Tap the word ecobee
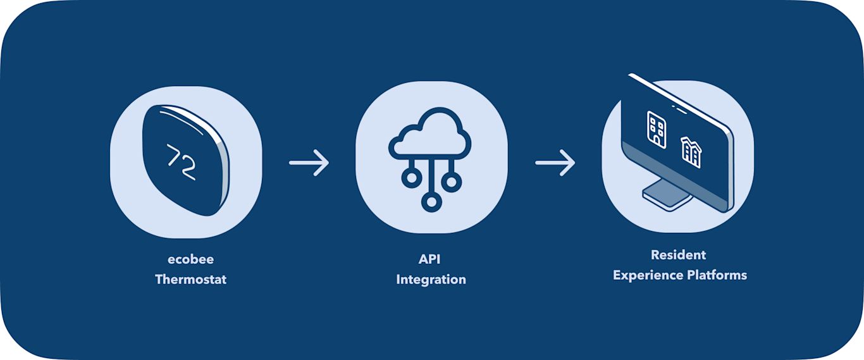click(x=190, y=259)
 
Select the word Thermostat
click(x=190, y=279)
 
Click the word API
click(x=431, y=259)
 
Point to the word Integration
click(x=431, y=279)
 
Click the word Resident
click(x=678, y=255)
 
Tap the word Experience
click(x=648, y=275)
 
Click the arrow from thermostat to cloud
click(x=309, y=163)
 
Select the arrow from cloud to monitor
click(x=555, y=163)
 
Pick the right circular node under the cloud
click(x=451, y=182)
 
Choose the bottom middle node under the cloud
click(x=431, y=202)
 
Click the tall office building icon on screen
click(x=657, y=129)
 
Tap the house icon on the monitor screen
click(x=691, y=152)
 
